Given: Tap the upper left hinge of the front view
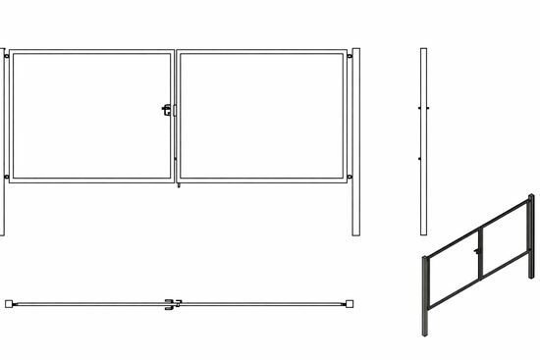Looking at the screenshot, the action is [x=9, y=57].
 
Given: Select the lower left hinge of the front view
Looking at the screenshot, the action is [x=9, y=177].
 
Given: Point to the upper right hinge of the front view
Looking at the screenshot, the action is [x=351, y=57].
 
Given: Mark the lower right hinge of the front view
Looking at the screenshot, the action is [x=351, y=177].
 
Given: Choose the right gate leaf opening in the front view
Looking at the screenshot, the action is [x=263, y=116].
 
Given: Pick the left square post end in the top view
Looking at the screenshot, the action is [x=8, y=303].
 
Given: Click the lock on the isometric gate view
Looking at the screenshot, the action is [x=476, y=257].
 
